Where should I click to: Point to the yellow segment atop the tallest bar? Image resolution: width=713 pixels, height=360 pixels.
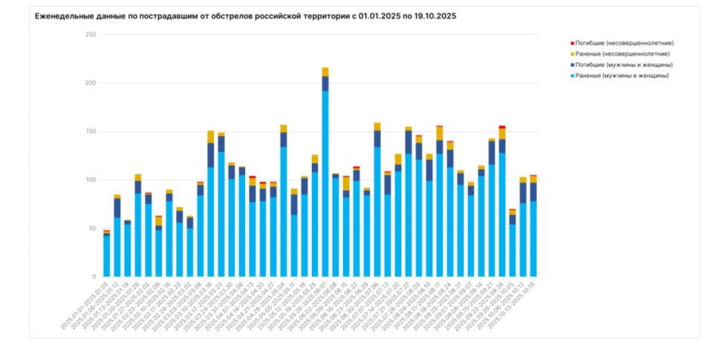[x=325, y=71]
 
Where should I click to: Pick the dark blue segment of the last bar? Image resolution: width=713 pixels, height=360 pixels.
[x=533, y=192]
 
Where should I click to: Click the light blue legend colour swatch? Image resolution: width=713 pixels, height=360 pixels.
[x=572, y=75]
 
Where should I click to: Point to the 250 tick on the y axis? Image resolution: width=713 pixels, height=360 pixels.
[x=91, y=35]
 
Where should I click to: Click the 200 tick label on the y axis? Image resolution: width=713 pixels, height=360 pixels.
[x=91, y=83]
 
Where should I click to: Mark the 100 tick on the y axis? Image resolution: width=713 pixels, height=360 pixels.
[x=91, y=180]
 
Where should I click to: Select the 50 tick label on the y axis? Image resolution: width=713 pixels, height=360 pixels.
[x=92, y=228]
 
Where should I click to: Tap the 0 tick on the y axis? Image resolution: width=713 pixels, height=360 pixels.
[x=94, y=277]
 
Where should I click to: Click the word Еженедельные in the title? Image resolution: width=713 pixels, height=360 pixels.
[x=63, y=16]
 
